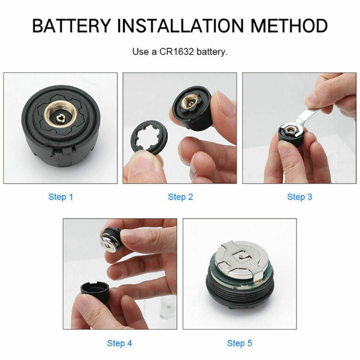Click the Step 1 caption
click(x=60, y=197)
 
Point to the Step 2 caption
click(x=180, y=197)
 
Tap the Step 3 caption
click(x=300, y=197)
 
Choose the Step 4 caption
click(x=120, y=343)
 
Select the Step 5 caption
click(x=239, y=343)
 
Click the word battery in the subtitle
click(x=213, y=52)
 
